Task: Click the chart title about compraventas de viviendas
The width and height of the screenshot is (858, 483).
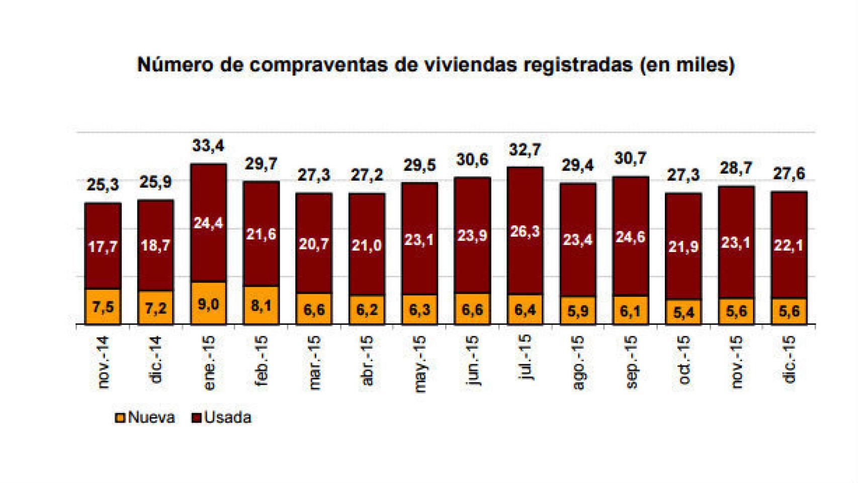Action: (x=436, y=65)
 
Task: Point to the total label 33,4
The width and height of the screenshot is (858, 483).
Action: (x=208, y=145)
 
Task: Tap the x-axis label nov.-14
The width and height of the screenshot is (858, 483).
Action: (x=103, y=362)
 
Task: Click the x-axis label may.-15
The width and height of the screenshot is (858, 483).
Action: (x=419, y=363)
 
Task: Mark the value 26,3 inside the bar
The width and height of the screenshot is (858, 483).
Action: (x=525, y=231)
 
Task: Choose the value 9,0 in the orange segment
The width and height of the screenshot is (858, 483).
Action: (x=208, y=304)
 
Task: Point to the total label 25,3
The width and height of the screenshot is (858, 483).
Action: (x=103, y=185)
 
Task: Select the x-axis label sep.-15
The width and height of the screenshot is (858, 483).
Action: (x=631, y=362)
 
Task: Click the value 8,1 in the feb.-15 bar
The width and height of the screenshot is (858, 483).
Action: (x=261, y=305)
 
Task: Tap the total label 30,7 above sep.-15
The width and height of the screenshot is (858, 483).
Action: (x=630, y=158)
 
